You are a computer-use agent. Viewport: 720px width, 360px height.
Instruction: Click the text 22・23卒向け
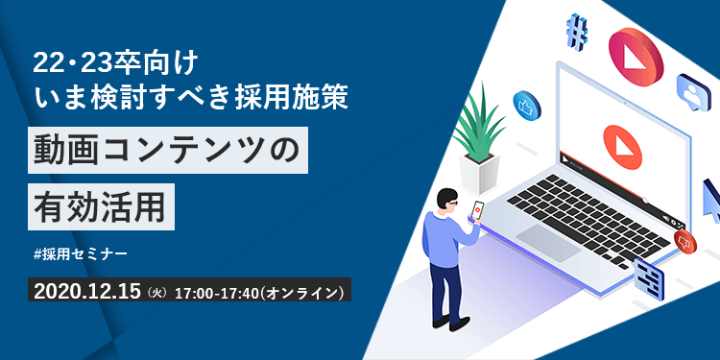(115, 62)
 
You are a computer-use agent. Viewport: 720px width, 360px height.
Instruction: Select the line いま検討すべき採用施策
(182, 96)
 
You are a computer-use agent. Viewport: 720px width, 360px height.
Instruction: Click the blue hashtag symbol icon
(578, 33)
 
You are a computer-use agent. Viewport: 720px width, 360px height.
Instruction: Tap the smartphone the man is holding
(478, 210)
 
